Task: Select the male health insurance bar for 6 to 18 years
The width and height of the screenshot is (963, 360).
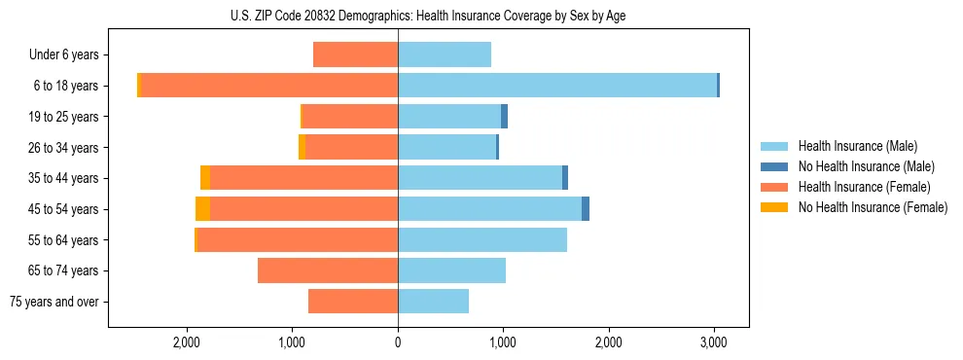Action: [x=556, y=86]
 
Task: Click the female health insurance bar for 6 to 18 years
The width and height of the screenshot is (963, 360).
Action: [x=269, y=86]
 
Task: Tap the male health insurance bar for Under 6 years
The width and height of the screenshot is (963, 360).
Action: [x=445, y=54]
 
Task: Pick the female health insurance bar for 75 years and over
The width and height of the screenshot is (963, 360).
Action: [x=353, y=302]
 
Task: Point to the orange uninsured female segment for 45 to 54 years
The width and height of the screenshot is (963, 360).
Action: [x=202, y=209]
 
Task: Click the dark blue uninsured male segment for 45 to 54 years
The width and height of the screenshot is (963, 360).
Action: [x=586, y=209]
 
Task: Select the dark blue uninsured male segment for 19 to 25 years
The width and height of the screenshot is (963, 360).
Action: [x=504, y=117]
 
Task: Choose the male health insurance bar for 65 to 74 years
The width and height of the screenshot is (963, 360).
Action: [x=451, y=270]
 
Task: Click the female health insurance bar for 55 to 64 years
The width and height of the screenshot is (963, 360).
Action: [x=298, y=240]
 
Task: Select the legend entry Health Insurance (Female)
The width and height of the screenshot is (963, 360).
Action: [x=857, y=187]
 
